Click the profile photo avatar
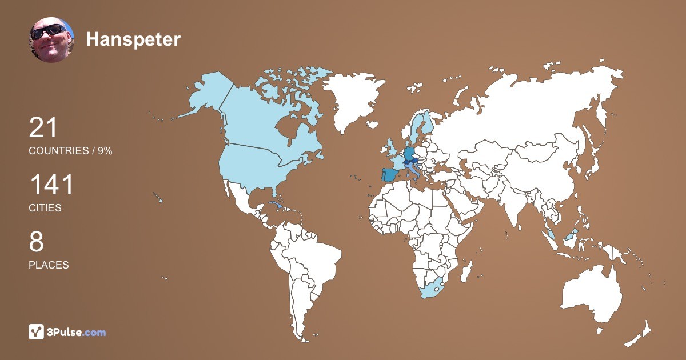point(51,39)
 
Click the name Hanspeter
point(133,39)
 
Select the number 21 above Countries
point(43,127)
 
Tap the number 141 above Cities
point(51,185)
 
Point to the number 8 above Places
point(36,242)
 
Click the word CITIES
point(45,208)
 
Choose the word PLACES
point(49,265)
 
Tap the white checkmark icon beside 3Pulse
point(37,332)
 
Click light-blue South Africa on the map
point(434,289)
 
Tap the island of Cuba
point(277,205)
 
